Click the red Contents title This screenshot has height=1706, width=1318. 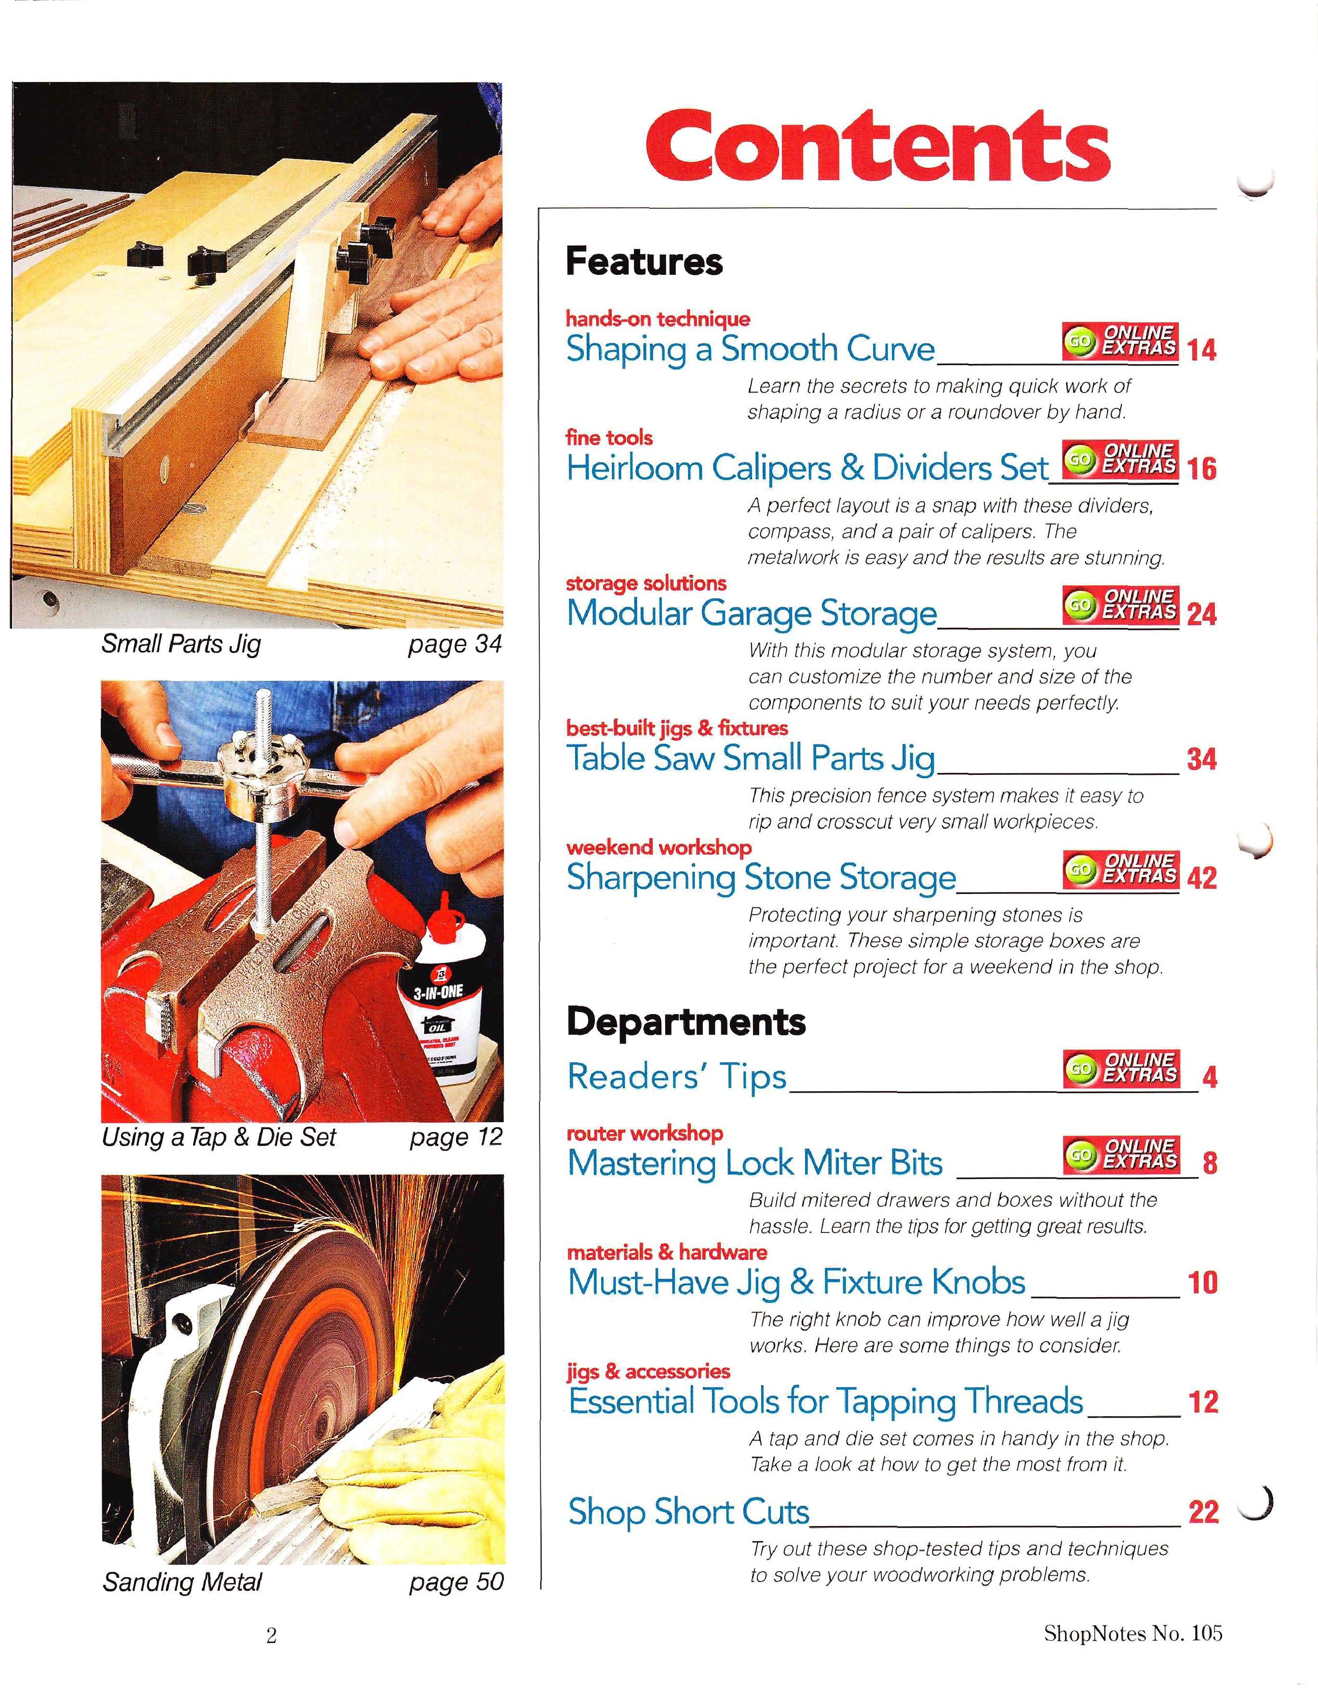coord(877,145)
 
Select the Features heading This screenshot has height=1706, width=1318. coord(644,261)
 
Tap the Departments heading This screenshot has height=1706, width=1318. coord(686,1021)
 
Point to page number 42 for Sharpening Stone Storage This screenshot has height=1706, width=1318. coord(1201,878)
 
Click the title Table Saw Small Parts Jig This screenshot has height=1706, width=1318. coord(751,758)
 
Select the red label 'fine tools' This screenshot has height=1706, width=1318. coord(609,437)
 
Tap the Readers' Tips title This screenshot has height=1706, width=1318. coord(676,1076)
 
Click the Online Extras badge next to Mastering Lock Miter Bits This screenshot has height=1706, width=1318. coord(1120,1154)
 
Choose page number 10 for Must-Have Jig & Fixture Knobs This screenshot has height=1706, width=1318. coord(1202,1283)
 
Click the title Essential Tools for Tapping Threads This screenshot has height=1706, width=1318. coord(825,1401)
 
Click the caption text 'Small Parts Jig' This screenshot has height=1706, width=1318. coord(181,644)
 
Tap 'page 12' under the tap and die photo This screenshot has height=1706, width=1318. coord(456,1137)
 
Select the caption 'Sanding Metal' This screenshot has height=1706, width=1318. coord(182,1582)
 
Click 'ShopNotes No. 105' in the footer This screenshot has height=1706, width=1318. coord(1132,1633)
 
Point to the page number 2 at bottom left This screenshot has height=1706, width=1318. coord(271,1635)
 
